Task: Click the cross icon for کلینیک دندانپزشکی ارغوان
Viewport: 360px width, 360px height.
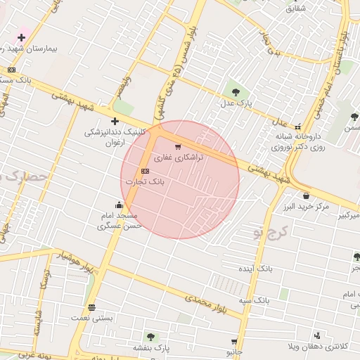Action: click(x=115, y=121)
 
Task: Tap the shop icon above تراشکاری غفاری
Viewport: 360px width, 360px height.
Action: click(x=177, y=148)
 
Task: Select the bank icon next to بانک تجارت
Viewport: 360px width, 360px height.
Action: click(x=145, y=171)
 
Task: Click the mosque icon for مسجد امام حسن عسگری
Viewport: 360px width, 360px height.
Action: click(x=119, y=205)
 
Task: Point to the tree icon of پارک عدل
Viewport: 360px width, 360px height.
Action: click(x=235, y=92)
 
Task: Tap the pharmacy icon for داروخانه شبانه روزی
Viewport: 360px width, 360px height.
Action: click(x=297, y=126)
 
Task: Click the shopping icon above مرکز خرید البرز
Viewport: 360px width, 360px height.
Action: click(x=306, y=195)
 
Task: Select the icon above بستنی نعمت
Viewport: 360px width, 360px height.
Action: click(x=91, y=308)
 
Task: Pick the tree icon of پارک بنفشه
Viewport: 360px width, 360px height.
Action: click(x=149, y=337)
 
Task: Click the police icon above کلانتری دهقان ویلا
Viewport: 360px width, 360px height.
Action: click(x=317, y=335)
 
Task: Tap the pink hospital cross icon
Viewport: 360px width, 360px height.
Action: click(x=22, y=37)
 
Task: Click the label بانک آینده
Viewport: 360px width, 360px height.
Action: click(x=256, y=269)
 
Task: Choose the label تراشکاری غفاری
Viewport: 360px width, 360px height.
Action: click(x=178, y=158)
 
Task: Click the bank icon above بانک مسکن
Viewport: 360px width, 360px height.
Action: click(x=11, y=70)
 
